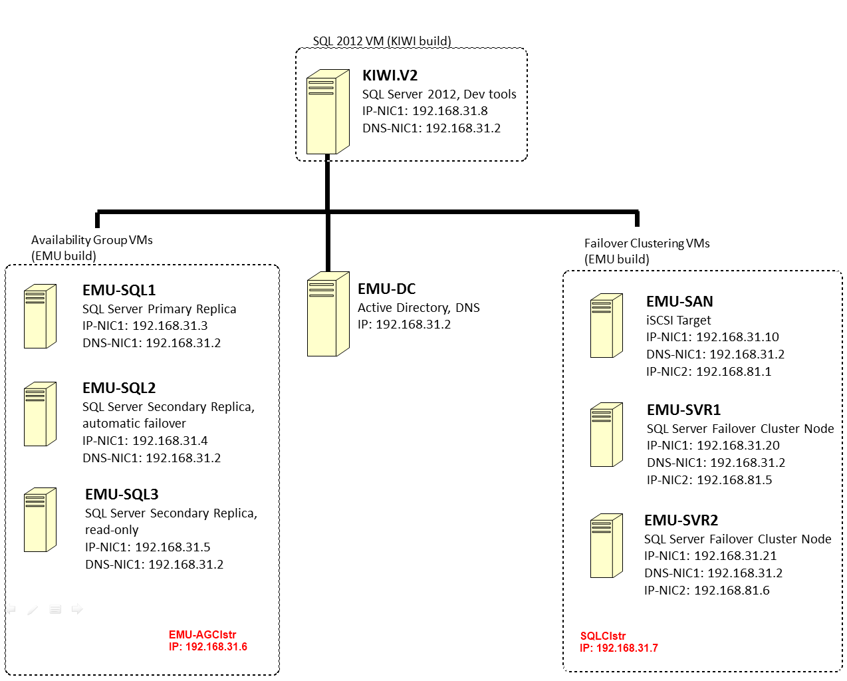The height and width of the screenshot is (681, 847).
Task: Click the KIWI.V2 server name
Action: pyautogui.click(x=390, y=75)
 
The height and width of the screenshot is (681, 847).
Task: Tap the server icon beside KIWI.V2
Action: pyautogui.click(x=328, y=112)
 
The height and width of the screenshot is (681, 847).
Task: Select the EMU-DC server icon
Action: pyautogui.click(x=328, y=314)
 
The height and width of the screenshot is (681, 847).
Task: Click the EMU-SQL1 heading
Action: pyautogui.click(x=119, y=290)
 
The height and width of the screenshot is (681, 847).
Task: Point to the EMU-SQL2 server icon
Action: pyautogui.click(x=40, y=414)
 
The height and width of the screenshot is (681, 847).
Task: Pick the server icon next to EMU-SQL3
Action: pyautogui.click(x=40, y=520)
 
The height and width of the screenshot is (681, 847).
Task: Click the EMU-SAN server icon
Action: pyautogui.click(x=606, y=326)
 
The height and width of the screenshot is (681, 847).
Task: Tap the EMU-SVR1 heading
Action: pyautogui.click(x=683, y=410)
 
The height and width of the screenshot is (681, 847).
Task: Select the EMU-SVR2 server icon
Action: pyautogui.click(x=606, y=546)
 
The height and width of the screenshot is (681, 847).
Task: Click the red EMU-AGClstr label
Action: pyautogui.click(x=202, y=634)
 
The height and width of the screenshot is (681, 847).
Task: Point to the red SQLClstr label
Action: pyautogui.click(x=603, y=636)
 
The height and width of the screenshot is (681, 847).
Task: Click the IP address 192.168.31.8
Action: pyautogui.click(x=450, y=111)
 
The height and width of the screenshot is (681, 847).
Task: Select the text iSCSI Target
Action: pyautogui.click(x=679, y=320)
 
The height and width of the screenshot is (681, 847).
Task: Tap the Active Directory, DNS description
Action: pyautogui.click(x=419, y=308)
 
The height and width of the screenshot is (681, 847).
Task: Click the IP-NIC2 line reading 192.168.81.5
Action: pyautogui.click(x=709, y=479)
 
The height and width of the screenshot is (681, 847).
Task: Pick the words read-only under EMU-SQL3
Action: pyautogui.click(x=112, y=530)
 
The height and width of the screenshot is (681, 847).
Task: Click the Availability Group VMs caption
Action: pyautogui.click(x=92, y=240)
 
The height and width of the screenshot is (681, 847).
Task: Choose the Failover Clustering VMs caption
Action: pyautogui.click(x=647, y=243)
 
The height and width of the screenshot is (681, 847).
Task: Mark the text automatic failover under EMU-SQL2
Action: pyautogui.click(x=134, y=424)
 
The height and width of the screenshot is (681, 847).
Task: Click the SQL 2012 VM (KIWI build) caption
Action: pyautogui.click(x=382, y=41)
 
